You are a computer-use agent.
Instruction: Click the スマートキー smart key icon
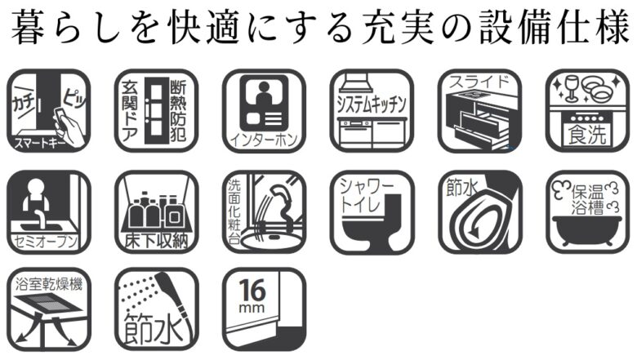click(49, 111)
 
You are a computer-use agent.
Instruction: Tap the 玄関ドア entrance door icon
click(157, 111)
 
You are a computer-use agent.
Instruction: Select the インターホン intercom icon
click(264, 111)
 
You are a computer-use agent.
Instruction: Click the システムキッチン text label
click(372, 104)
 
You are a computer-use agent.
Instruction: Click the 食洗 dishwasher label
click(587, 135)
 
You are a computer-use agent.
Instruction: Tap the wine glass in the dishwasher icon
click(571, 88)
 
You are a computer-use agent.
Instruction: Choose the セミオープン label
click(46, 242)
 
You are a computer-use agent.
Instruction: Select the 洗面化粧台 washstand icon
click(264, 212)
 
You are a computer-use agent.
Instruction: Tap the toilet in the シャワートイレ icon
click(373, 222)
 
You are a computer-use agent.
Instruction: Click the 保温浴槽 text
click(588, 199)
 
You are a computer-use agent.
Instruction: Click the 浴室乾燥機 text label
click(49, 284)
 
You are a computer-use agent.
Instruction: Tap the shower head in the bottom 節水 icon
click(166, 284)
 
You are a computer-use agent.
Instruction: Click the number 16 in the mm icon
click(252, 290)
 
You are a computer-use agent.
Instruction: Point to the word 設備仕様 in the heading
click(555, 28)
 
